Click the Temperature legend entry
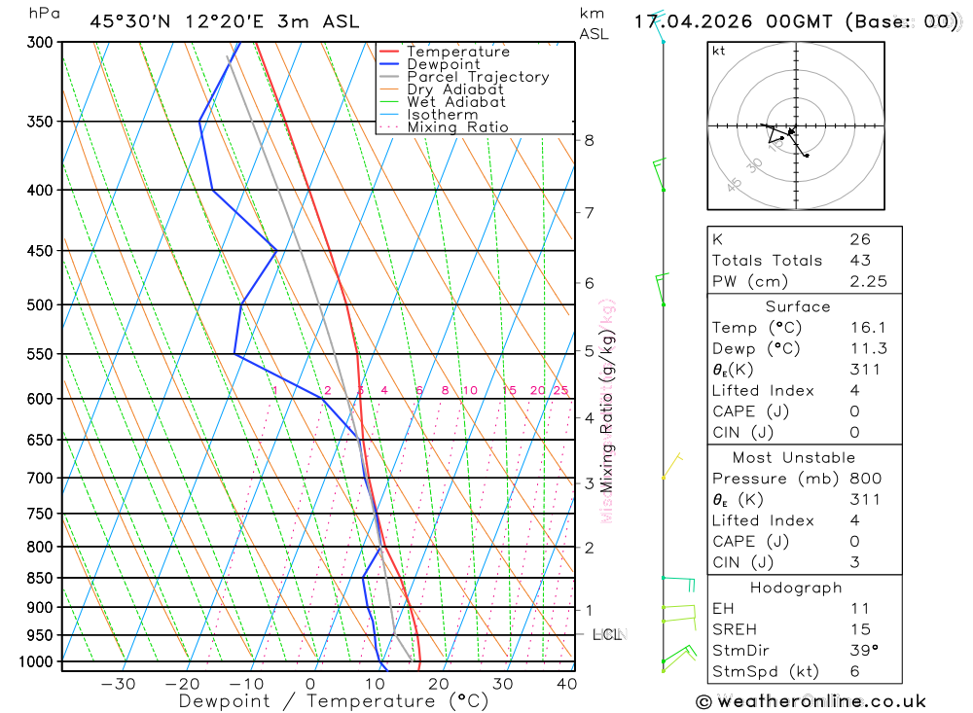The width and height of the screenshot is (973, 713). [x=457, y=52]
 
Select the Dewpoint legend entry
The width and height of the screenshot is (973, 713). [x=443, y=64]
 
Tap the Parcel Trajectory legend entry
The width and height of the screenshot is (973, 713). [x=477, y=77]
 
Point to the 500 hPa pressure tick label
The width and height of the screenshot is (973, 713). [x=40, y=305]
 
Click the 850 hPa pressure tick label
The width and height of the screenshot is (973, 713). [x=40, y=578]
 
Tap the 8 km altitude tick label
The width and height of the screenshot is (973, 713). [x=589, y=140]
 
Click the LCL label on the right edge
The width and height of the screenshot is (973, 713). [x=607, y=635]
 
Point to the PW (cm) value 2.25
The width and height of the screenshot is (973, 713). [x=860, y=281]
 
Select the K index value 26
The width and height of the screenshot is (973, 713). [x=860, y=239]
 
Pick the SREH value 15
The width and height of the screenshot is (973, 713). [x=860, y=629]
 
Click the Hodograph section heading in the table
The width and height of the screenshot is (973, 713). [x=797, y=588]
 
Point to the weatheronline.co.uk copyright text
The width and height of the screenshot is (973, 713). [x=811, y=701]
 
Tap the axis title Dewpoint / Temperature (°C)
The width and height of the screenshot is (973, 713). [x=333, y=701]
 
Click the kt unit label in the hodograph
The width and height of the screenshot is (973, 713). [x=718, y=51]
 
